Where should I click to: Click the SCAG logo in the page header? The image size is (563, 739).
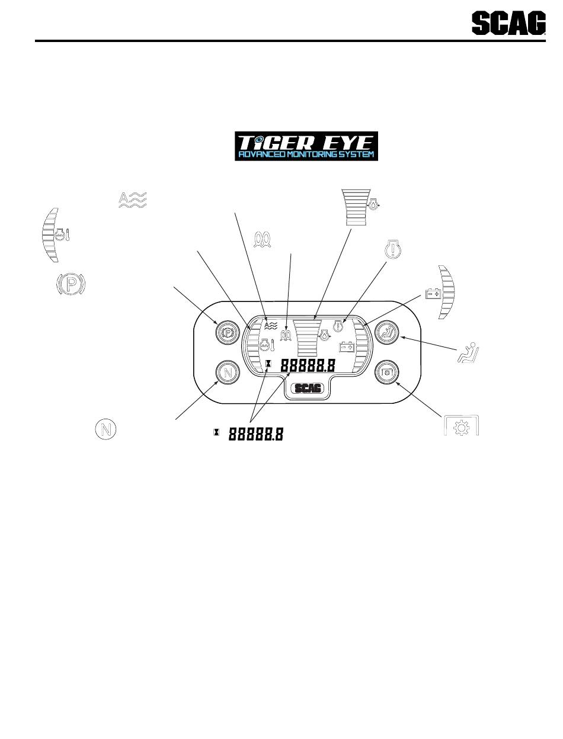tap(508, 25)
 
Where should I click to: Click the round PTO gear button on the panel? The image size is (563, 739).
tap(388, 372)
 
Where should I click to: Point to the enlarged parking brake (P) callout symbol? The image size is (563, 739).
tap(71, 285)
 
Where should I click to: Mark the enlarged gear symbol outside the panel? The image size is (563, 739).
tap(462, 427)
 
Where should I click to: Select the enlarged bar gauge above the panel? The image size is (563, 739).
tap(356, 206)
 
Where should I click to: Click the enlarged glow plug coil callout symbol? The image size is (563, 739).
tap(263, 238)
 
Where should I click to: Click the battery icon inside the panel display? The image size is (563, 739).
tap(346, 348)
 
